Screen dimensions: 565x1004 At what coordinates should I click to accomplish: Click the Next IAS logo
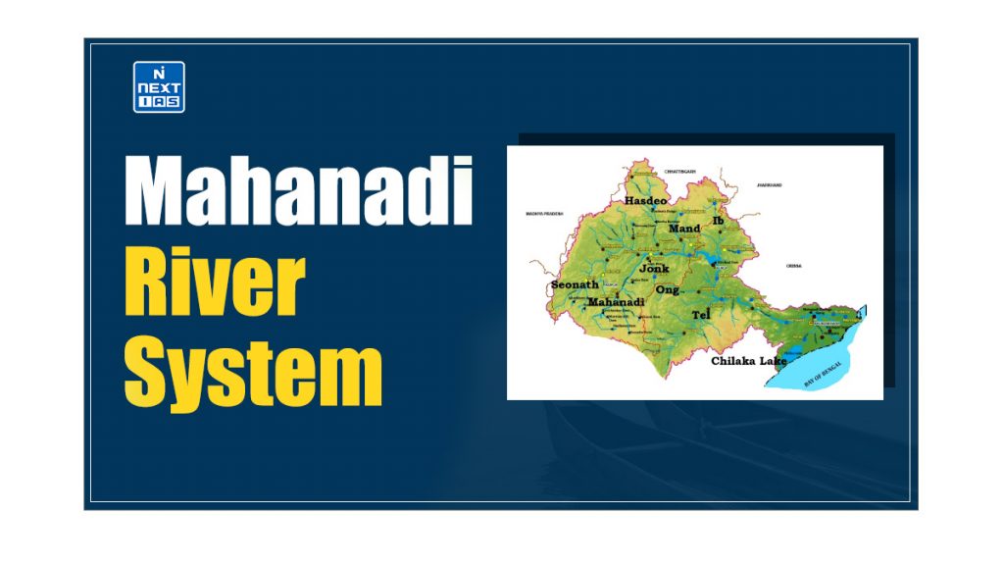[159, 87]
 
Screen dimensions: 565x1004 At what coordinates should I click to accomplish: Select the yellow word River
[214, 283]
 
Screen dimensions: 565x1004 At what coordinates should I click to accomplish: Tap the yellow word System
[253, 372]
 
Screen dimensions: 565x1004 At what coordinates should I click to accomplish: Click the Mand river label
[684, 229]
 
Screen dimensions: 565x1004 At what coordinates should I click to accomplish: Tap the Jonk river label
[654, 268]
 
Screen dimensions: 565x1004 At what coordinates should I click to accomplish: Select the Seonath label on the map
[574, 285]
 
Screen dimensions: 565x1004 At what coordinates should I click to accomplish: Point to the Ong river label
[668, 290]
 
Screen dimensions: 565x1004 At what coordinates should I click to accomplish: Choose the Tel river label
[700, 315]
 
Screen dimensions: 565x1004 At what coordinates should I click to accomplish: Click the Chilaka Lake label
[750, 361]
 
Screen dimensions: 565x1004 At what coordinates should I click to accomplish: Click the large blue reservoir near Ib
[708, 259]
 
